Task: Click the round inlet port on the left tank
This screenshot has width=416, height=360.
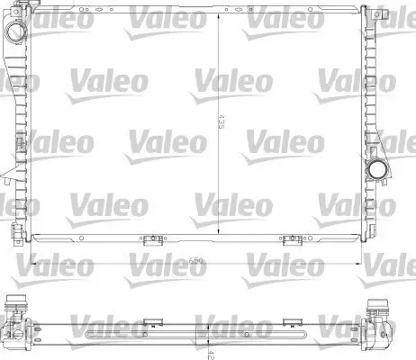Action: [17, 31]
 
